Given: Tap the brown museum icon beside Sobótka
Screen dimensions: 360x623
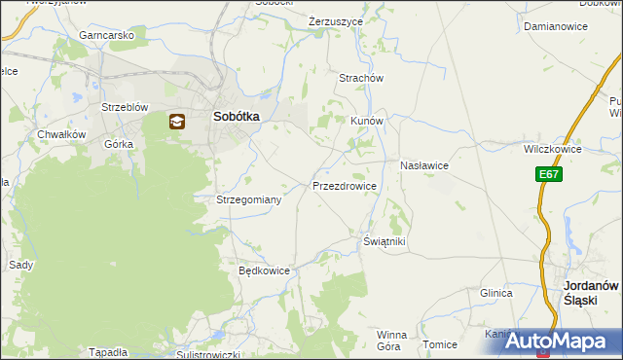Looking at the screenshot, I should (177, 122).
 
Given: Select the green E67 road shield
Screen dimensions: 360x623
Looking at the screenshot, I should (548, 174).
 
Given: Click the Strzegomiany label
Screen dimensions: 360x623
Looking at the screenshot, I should (248, 199).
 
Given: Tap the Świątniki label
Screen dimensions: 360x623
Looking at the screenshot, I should (384, 241).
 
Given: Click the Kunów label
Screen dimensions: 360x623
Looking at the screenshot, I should (368, 122).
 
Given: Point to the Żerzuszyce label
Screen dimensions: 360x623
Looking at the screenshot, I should (335, 20).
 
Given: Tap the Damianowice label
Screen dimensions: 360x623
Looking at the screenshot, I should (556, 27).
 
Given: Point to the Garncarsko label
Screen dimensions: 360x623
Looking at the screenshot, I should (107, 35).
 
